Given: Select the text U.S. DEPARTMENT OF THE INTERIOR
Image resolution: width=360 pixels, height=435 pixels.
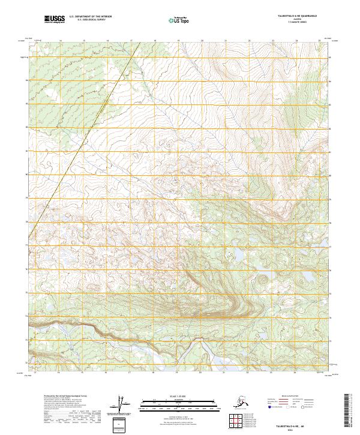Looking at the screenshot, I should click(x=92, y=17).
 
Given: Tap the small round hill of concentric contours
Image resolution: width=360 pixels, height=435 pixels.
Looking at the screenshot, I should click(x=262, y=278).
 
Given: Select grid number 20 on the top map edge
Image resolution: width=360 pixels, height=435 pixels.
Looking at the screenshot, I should click(x=202, y=41).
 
